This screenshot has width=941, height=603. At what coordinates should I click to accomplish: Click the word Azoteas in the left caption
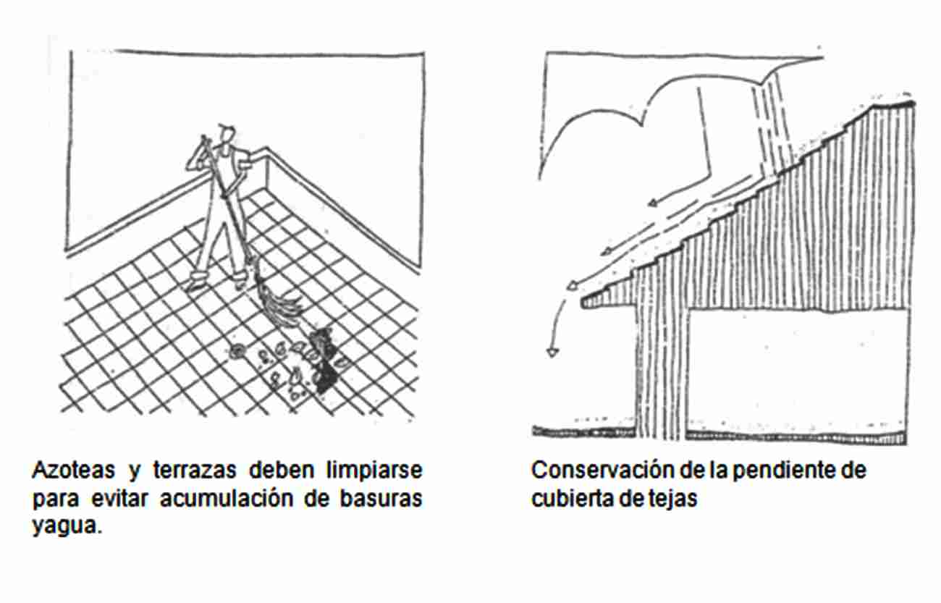pos(74,470)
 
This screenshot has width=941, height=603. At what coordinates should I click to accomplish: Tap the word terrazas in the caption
pos(195,470)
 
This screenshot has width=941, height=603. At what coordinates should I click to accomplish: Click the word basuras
pos(381,499)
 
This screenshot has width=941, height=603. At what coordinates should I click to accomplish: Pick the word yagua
pos(67,526)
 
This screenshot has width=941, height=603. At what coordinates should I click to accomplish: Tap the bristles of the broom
pos(279,300)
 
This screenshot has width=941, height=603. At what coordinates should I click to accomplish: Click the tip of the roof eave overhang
pos(583,302)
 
